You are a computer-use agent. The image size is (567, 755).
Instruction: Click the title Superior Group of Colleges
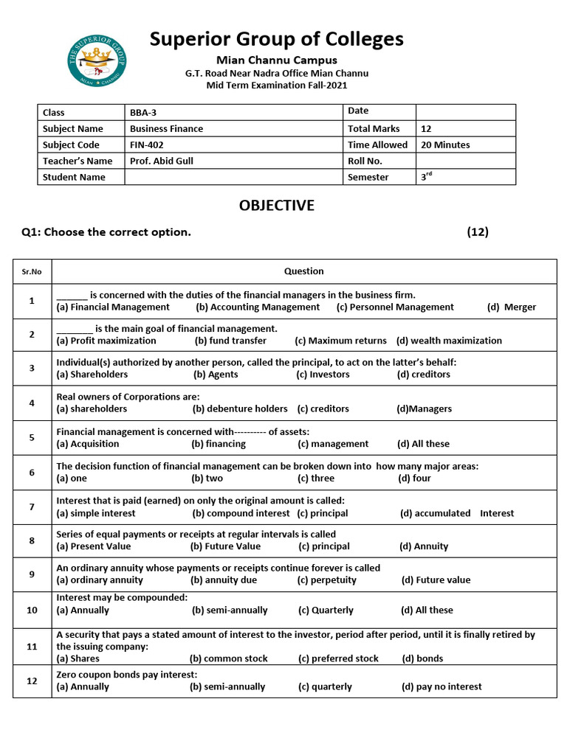(x=277, y=39)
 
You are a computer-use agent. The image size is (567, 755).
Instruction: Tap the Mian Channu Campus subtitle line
(x=277, y=60)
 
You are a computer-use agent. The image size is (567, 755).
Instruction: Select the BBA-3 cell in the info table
(x=143, y=113)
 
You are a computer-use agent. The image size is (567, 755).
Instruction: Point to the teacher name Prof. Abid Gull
(x=162, y=161)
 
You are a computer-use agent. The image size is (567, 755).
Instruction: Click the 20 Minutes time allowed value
(x=445, y=145)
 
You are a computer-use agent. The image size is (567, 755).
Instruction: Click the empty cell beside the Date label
(x=465, y=111)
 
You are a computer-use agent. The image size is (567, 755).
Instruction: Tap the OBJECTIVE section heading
(x=277, y=206)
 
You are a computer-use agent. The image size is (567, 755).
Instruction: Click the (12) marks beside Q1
(x=478, y=232)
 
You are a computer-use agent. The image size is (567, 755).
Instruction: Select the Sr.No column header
(x=32, y=272)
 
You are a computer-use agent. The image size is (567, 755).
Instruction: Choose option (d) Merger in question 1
(x=512, y=307)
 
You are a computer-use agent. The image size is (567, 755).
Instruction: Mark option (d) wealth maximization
(x=449, y=341)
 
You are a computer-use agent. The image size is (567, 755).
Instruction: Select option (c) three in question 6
(x=316, y=479)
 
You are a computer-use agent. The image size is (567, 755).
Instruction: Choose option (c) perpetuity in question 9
(x=327, y=580)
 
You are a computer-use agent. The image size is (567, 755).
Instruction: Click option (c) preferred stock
(x=338, y=658)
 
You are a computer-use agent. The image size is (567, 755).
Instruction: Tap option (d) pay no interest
(x=441, y=686)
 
